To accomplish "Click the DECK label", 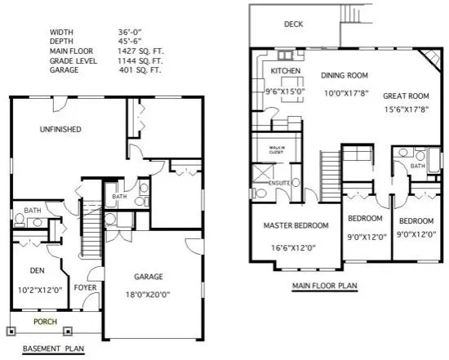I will pos(294,24).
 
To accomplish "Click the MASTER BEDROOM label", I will pos(296,225).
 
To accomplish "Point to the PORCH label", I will pos(45,322).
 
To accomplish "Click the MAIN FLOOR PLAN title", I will pos(324,287).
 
